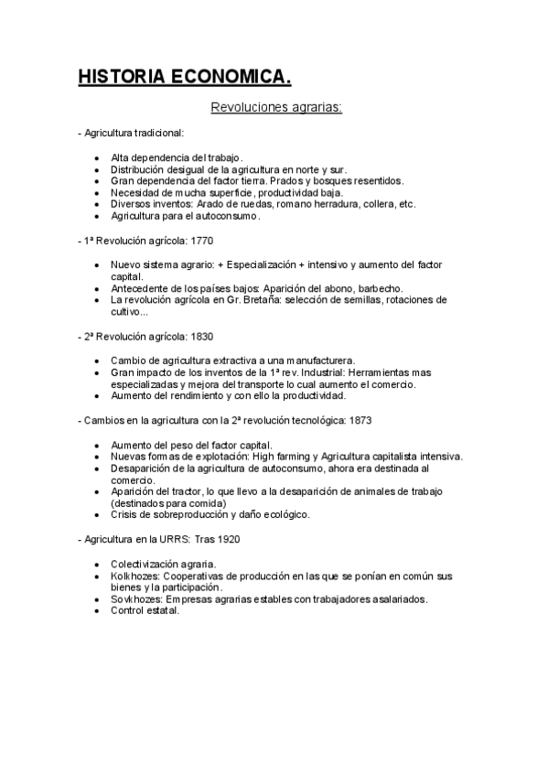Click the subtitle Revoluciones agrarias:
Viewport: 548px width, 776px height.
(276, 109)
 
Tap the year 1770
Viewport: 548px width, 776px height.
(200, 241)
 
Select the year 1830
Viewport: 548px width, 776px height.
(200, 336)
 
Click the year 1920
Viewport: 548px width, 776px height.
(228, 539)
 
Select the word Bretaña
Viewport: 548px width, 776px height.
(244, 299)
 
